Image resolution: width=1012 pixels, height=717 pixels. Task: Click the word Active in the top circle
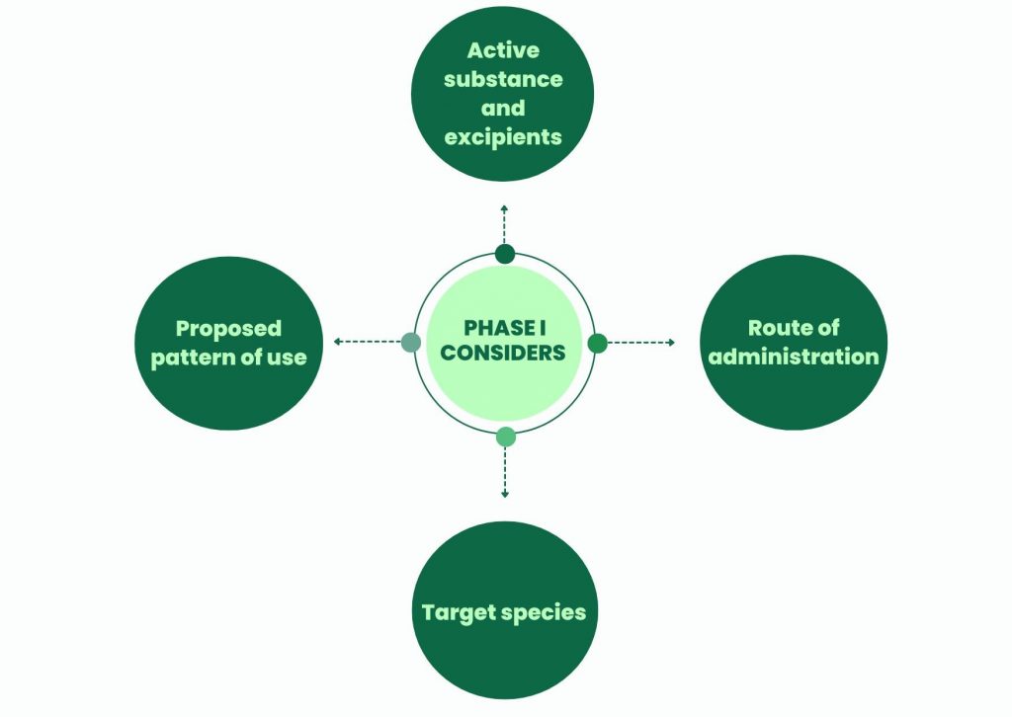point(502,50)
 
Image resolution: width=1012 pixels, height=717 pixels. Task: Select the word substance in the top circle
point(502,79)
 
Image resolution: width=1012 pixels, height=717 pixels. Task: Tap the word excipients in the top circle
point(502,136)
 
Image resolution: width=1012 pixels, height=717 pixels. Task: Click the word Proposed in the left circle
point(228,328)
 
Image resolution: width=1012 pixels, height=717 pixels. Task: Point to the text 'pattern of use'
point(228,357)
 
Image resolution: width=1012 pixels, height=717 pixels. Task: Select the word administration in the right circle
point(794,357)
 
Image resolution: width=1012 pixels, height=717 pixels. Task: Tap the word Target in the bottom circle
point(457,612)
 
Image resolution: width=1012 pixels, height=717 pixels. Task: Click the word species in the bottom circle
point(543,612)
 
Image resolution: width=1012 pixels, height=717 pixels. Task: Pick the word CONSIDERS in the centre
point(503,354)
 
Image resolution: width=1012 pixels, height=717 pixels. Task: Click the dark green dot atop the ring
point(505,254)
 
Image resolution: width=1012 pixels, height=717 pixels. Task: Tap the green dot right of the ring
point(597,343)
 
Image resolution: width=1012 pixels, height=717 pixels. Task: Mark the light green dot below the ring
point(505,437)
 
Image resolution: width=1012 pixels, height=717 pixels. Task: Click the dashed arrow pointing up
point(504,223)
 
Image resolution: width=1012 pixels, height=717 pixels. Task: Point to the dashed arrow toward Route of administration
point(640,343)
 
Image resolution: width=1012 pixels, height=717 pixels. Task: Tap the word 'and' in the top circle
point(502,108)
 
